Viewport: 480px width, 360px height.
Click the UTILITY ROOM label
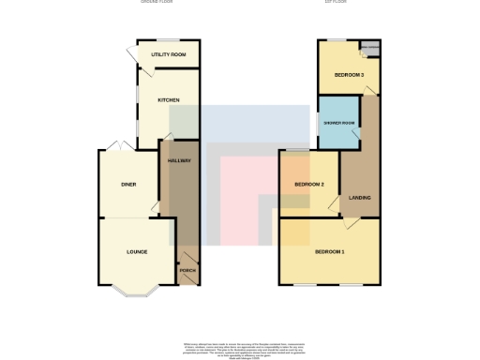click(169, 55)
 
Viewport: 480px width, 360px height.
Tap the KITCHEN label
click(169, 99)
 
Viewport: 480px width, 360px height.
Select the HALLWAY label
click(179, 161)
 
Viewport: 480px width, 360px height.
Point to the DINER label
click(128, 185)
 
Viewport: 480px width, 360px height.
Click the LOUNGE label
click(137, 252)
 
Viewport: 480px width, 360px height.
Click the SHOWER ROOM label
click(337, 124)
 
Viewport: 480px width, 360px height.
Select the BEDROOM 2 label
click(309, 185)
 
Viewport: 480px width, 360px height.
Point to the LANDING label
click(359, 198)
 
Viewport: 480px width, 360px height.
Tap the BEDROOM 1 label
click(329, 252)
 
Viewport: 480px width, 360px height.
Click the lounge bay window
click(137, 291)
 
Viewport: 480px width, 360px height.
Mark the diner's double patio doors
click(117, 147)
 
